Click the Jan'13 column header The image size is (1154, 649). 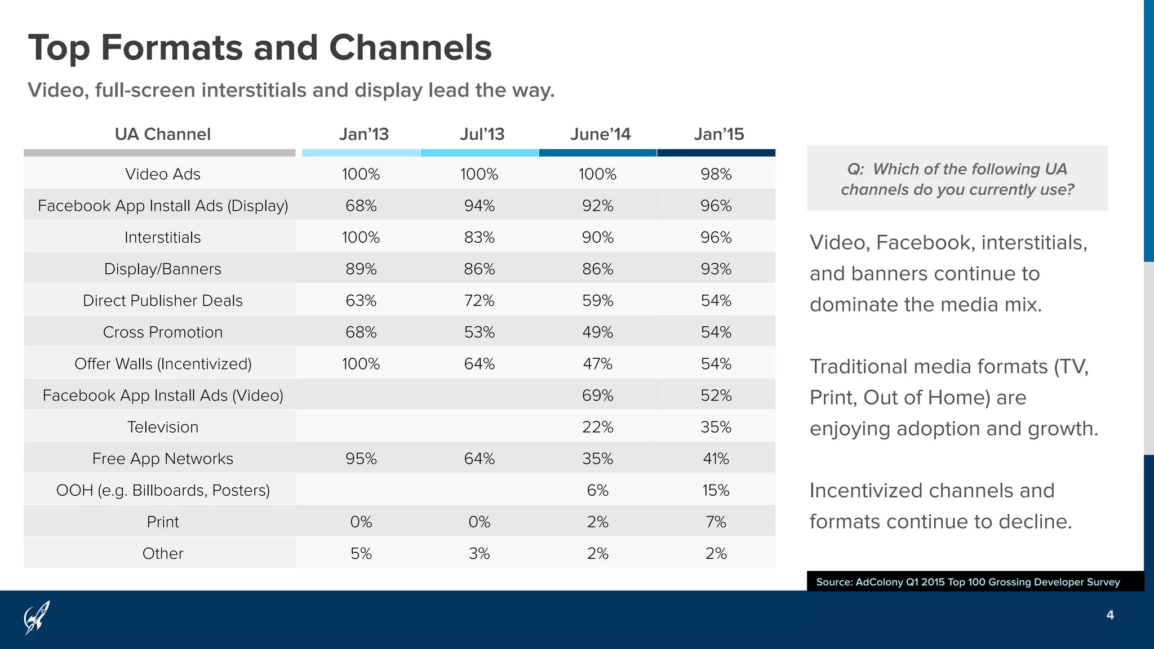tap(363, 134)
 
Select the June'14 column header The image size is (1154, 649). tap(600, 134)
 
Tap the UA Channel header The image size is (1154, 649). tap(162, 134)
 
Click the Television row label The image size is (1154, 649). tap(162, 427)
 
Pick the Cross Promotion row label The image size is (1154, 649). tap(162, 332)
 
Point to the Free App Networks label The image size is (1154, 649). tap(162, 459)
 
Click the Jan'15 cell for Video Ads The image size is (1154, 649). tap(716, 174)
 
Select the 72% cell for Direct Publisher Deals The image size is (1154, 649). tap(479, 301)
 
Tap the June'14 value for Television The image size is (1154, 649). tap(597, 427)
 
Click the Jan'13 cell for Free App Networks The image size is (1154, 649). tap(361, 459)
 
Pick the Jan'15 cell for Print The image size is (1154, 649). tap(716, 522)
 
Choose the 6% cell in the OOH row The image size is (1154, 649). tap(597, 490)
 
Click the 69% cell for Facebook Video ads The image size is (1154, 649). tap(597, 395)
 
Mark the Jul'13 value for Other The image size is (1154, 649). tap(479, 553)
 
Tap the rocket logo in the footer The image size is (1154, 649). tap(37, 617)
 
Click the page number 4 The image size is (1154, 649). tap(1110, 615)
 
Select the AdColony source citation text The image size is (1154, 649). tap(967, 582)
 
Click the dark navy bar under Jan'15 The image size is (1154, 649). tap(716, 153)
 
